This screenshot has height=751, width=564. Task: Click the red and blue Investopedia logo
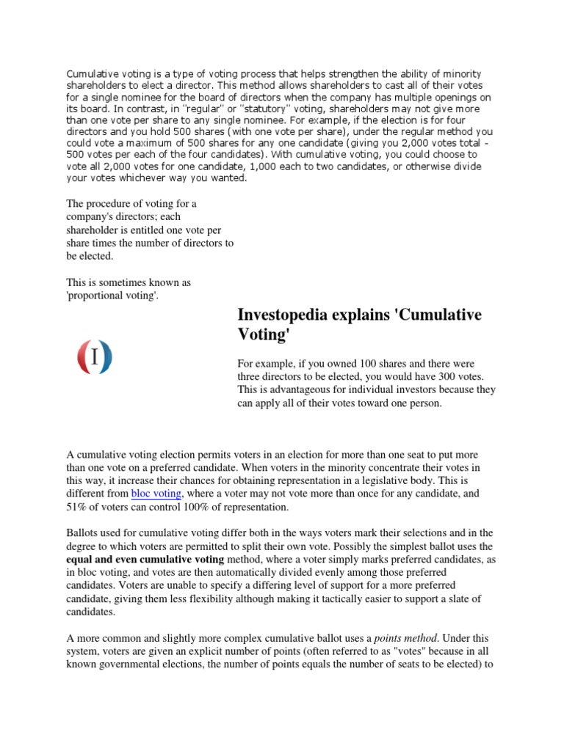(95, 356)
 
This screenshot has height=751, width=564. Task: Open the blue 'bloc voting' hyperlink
(156, 494)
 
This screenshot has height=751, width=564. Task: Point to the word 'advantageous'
(287, 390)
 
